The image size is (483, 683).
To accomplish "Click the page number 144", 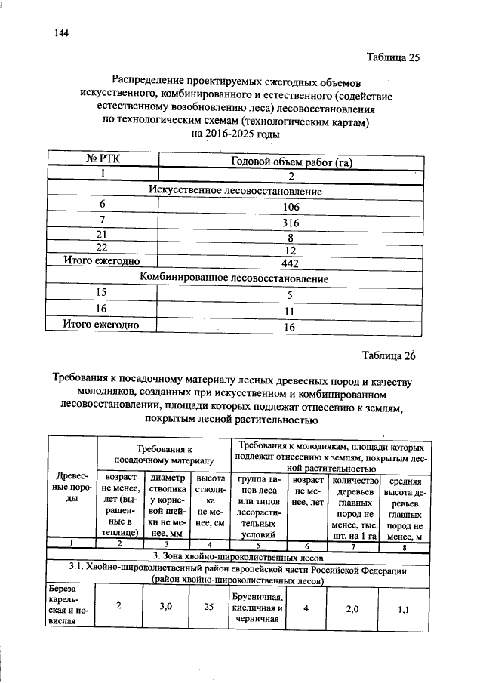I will pyautogui.click(x=62, y=33).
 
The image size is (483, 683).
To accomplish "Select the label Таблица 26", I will pyautogui.click(x=389, y=355).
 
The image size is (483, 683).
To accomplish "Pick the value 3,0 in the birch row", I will pyautogui.click(x=167, y=605).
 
